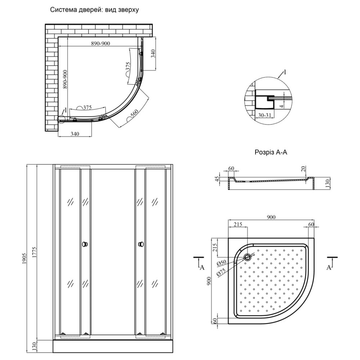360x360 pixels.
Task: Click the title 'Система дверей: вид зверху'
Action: [x=94, y=10]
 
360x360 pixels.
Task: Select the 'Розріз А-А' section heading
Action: [x=271, y=152]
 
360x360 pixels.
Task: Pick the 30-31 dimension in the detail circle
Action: [x=264, y=115]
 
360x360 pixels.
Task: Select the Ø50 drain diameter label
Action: [x=221, y=263]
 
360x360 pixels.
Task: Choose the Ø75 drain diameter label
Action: [x=221, y=272]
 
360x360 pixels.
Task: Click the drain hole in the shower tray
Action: [x=248, y=257]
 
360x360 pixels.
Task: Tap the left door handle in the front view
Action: [x=85, y=244]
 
